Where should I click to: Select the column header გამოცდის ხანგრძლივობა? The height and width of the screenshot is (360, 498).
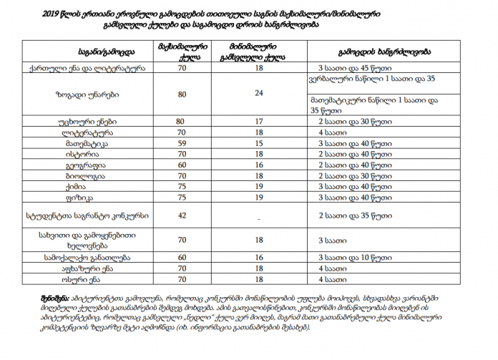(384, 52)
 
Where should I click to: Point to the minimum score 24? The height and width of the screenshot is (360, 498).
(259, 93)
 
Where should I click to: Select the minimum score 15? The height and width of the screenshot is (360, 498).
(259, 143)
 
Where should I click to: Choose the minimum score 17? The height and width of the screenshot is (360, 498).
(259, 122)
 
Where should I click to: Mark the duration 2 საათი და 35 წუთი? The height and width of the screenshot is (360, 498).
(351, 214)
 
